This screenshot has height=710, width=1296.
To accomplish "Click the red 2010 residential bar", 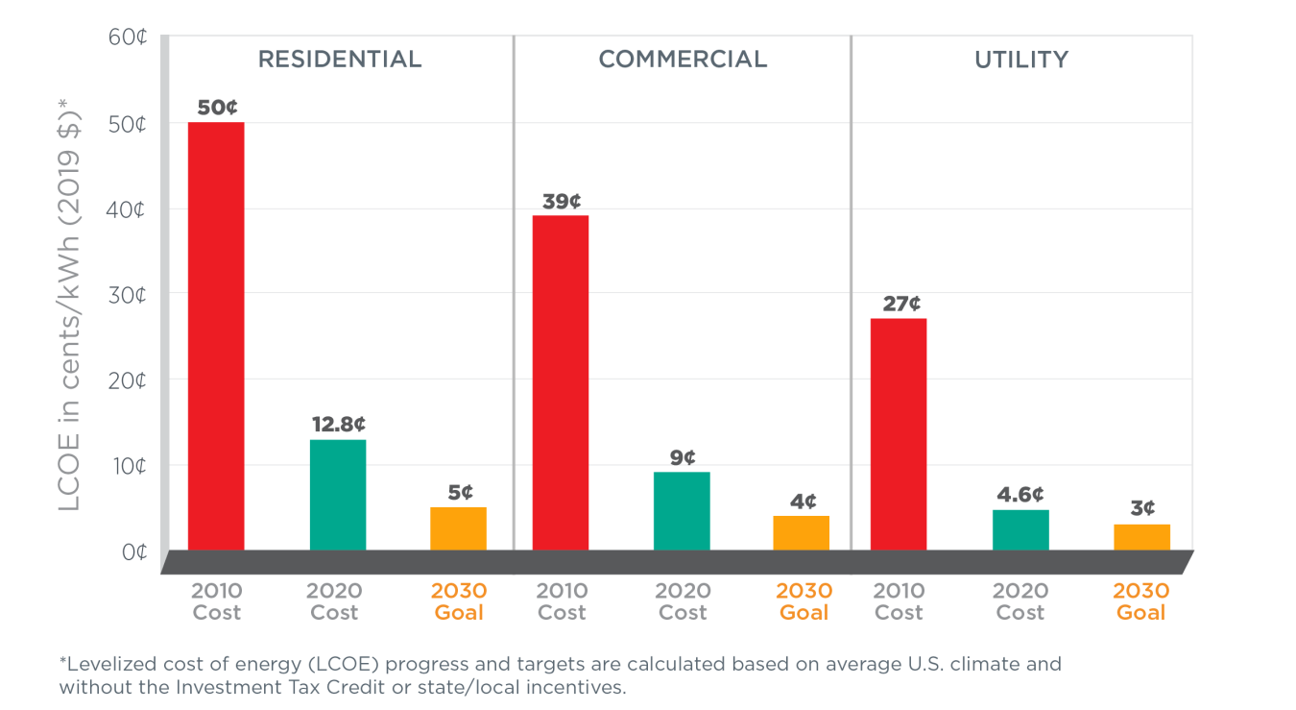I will (x=216, y=336).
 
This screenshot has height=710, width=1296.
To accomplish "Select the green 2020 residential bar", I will (x=338, y=495).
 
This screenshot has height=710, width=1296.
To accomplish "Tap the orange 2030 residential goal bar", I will (x=459, y=528).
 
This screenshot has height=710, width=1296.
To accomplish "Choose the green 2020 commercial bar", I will (x=682, y=511).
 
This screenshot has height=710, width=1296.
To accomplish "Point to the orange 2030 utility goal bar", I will (x=1142, y=537).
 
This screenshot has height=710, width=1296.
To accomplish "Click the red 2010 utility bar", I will (x=899, y=434).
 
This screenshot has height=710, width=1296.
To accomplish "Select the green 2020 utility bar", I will (x=1020, y=529).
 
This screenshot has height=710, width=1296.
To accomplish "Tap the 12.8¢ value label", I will (x=339, y=424).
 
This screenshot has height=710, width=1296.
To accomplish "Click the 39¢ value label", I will (x=562, y=201).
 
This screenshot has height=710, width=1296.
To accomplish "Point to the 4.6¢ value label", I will (x=1020, y=494).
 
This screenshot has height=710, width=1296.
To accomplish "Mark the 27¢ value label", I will (x=900, y=304).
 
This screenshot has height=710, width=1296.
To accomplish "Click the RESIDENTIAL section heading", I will (x=340, y=60).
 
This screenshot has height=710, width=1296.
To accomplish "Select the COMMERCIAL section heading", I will (x=683, y=60).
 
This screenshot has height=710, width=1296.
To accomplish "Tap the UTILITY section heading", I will (x=1021, y=60).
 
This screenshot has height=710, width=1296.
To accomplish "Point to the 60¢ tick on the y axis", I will (x=127, y=38).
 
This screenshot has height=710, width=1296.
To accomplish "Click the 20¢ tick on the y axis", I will (x=127, y=381).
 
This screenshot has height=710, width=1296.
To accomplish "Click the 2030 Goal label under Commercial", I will (x=804, y=601).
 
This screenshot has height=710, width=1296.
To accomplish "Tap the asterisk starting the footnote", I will (x=62, y=663).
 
